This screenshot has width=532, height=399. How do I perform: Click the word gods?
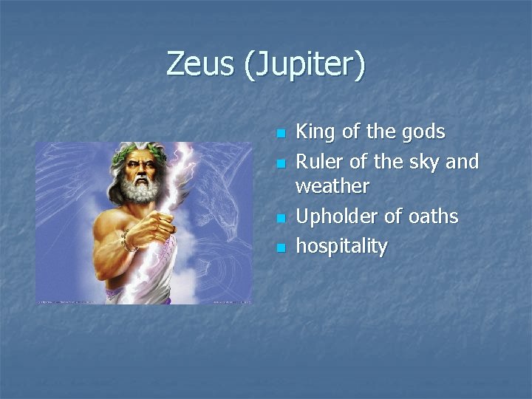[423, 132]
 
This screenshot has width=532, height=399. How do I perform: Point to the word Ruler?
[320, 161]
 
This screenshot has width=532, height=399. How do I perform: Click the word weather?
[332, 186]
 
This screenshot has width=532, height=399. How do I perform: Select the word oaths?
[434, 216]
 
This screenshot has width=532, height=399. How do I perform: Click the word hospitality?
[341, 246]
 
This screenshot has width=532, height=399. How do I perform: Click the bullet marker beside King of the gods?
[279, 134]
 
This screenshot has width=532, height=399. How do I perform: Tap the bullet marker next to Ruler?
[279, 163]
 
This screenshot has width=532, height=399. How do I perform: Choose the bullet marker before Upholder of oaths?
[279, 219]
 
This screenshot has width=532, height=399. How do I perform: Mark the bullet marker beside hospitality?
[279, 248]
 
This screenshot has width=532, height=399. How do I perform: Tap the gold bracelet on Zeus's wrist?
[130, 239]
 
